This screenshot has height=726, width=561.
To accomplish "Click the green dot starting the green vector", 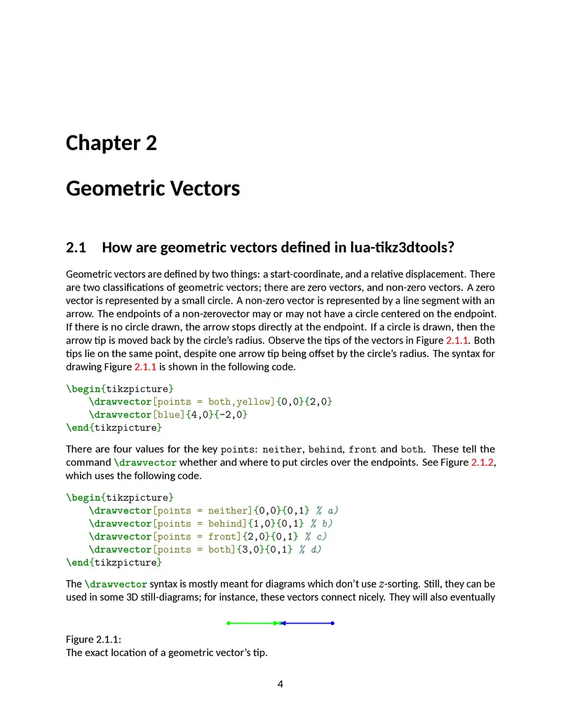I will point(229,623).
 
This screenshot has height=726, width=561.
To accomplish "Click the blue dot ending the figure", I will point(332,623).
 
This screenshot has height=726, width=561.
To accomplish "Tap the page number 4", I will point(280,685).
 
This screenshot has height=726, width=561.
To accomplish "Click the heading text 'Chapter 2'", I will point(111,143).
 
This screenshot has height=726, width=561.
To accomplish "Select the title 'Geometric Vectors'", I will point(153,189).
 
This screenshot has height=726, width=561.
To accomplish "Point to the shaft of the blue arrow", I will point(309,623).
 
